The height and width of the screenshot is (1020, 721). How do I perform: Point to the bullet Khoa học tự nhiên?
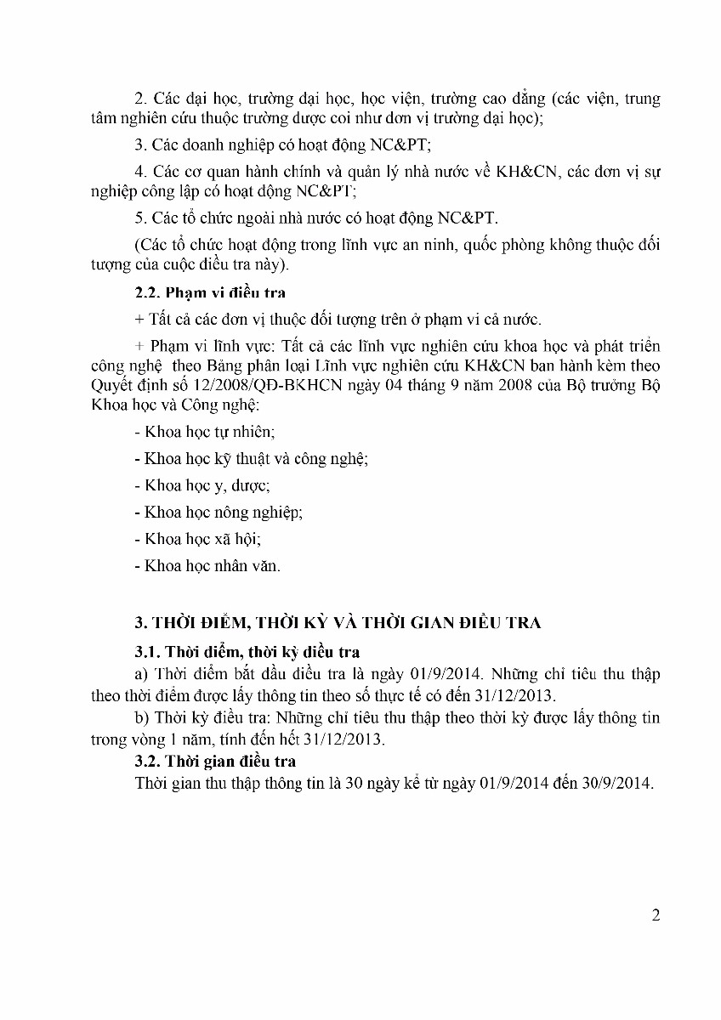[x=204, y=432]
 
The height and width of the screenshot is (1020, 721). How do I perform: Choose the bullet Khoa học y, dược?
[x=202, y=485]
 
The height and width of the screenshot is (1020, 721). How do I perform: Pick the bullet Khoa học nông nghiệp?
[x=219, y=512]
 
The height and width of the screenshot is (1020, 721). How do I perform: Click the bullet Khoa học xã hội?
[x=198, y=539]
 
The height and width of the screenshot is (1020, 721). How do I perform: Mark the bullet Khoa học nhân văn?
[x=207, y=565]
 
